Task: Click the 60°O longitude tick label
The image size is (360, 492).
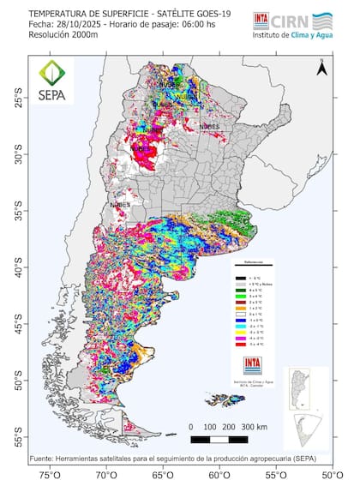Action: tap(219, 474)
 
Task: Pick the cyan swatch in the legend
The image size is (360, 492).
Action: tap(241, 327)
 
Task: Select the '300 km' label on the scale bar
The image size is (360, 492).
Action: tap(255, 425)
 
